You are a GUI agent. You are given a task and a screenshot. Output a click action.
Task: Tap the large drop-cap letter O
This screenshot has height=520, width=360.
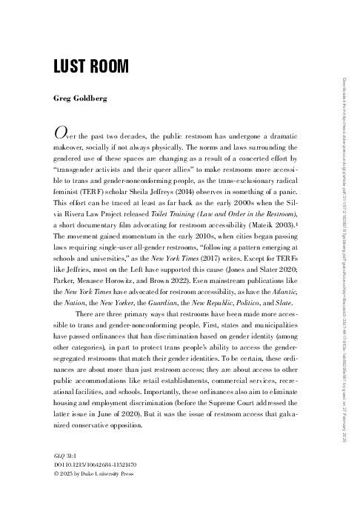pyautogui.click(x=61, y=133)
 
